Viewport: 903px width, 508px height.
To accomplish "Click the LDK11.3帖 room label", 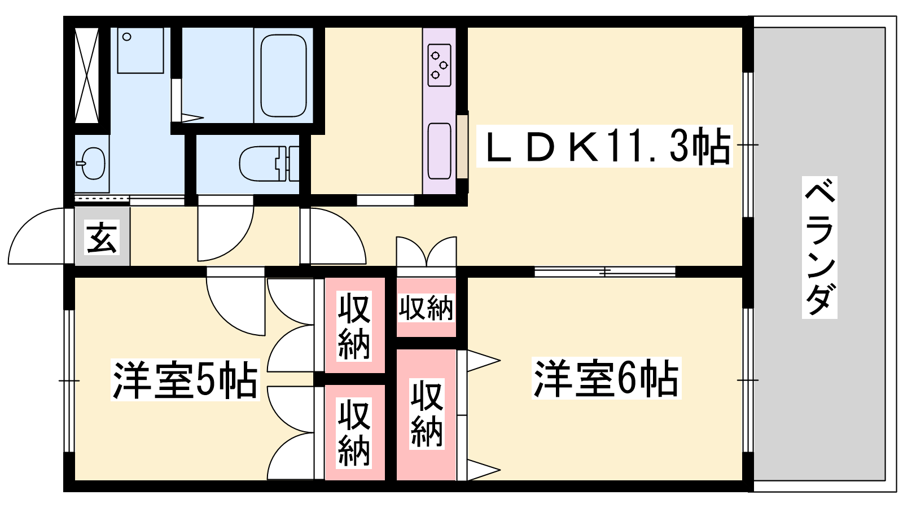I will (604, 146).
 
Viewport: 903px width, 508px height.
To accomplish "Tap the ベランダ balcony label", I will (819, 247).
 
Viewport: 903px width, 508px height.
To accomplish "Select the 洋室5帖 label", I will (185, 379).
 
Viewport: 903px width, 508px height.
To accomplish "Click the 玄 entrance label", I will (102, 237).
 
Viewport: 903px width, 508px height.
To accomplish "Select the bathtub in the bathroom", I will (283, 75).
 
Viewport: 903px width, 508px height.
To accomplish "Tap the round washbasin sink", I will (92, 163).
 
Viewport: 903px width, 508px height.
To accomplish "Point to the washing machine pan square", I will (141, 51).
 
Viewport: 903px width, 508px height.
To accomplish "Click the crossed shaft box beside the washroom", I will (87, 75).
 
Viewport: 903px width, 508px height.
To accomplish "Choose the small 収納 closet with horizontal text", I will (426, 308).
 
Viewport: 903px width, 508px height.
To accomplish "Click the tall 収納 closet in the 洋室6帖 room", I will (426, 415).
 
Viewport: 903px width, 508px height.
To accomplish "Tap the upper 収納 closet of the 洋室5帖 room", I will (354, 326).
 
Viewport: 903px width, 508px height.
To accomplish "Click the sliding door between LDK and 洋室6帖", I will (604, 272).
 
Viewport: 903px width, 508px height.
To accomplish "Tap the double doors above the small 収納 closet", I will (426, 251).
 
